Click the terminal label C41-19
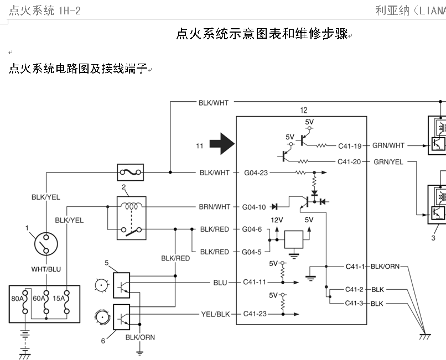(x=350, y=146)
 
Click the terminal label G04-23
(x=256, y=173)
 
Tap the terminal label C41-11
(x=255, y=282)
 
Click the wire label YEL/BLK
(x=215, y=314)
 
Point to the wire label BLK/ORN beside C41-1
(x=385, y=267)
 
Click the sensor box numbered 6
(x=121, y=316)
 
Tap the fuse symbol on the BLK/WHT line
(x=131, y=173)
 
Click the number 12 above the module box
(x=303, y=111)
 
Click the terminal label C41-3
(x=354, y=304)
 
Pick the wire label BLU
(x=220, y=282)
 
